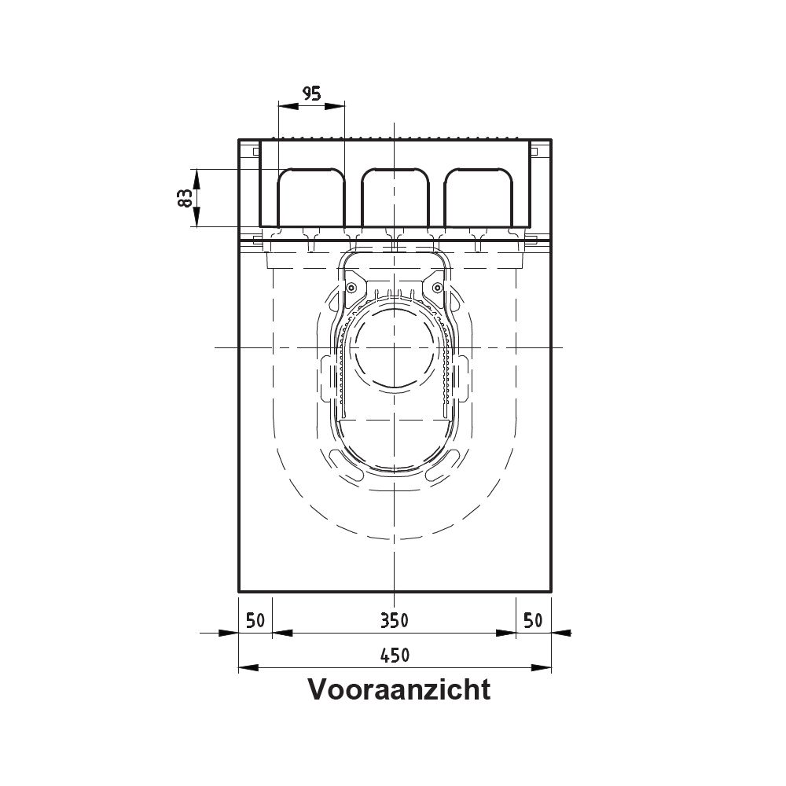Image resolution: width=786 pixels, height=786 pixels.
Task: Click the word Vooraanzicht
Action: tap(399, 689)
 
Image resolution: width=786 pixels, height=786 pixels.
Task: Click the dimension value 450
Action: tap(395, 656)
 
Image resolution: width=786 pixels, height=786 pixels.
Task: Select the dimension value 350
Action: tap(394, 621)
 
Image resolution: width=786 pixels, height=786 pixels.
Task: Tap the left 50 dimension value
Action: tap(255, 621)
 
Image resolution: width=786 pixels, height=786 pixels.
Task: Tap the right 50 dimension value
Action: tap(533, 621)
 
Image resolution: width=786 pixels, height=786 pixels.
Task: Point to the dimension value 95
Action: tap(311, 94)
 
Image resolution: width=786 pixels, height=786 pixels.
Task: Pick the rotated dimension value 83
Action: tap(185, 198)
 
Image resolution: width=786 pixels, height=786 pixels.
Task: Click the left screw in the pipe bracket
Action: tap(351, 287)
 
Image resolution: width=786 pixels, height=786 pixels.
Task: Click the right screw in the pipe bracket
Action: tap(438, 287)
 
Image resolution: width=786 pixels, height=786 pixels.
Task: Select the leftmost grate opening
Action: tap(311, 197)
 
